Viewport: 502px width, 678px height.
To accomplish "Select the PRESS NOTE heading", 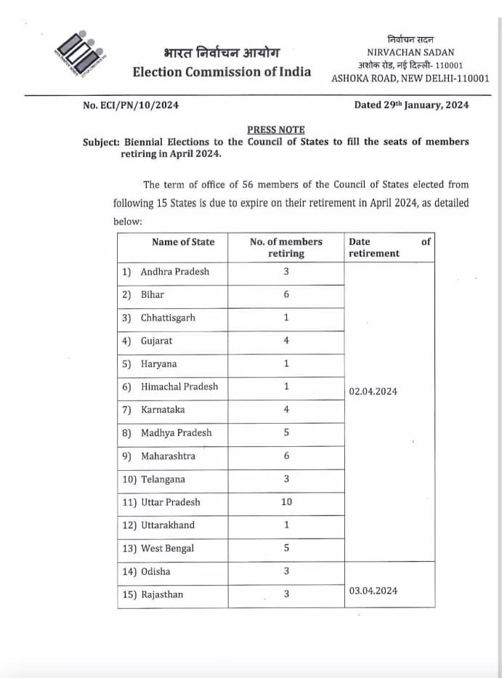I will (x=275, y=129).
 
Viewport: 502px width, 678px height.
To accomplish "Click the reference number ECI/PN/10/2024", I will (x=131, y=105).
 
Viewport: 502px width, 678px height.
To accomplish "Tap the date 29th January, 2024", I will (x=411, y=105).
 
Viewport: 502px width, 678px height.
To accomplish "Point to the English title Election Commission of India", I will (x=222, y=71).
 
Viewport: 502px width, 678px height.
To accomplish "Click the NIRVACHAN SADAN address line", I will (x=410, y=52).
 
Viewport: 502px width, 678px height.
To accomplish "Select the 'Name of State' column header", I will (x=183, y=242).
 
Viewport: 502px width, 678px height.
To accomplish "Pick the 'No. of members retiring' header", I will (x=286, y=248).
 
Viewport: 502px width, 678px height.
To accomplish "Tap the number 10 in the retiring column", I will (x=286, y=502).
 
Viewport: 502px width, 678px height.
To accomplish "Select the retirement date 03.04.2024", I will (x=373, y=591).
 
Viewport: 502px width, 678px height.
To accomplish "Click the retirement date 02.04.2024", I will (x=373, y=392).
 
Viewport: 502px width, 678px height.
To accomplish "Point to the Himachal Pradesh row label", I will (x=179, y=387).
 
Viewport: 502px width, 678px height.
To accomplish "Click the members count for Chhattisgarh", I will (x=286, y=318).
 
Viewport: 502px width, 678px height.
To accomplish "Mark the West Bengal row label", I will (x=167, y=549).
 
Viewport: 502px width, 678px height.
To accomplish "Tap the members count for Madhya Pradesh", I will (x=286, y=432).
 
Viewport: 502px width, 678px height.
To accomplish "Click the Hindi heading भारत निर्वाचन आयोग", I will (x=220, y=53).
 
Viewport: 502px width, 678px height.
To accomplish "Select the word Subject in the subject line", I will (x=101, y=142).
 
